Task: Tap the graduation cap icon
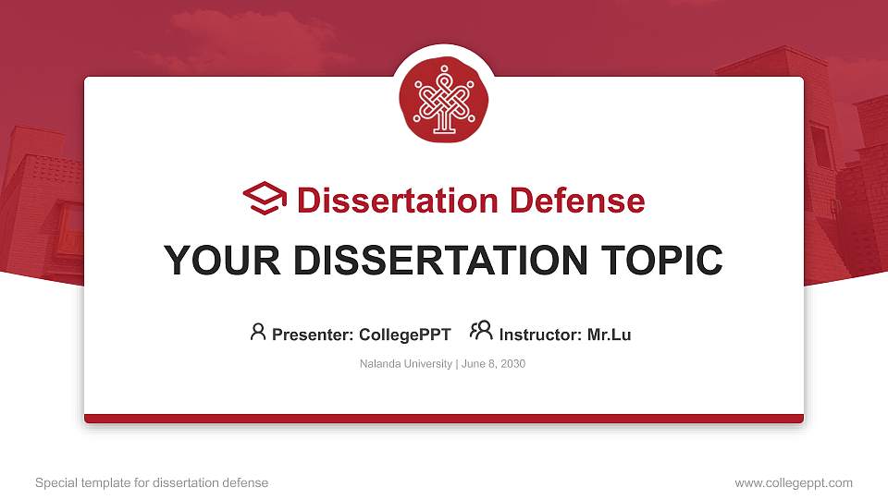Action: pyautogui.click(x=265, y=198)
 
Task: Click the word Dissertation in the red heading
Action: pyautogui.click(x=398, y=201)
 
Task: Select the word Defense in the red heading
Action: pyautogui.click(x=577, y=201)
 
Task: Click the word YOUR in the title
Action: pyautogui.click(x=222, y=261)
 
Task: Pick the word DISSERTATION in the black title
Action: pyautogui.click(x=440, y=261)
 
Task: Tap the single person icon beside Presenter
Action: pyautogui.click(x=258, y=332)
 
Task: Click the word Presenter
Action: pyautogui.click(x=313, y=335)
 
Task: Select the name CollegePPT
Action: pyautogui.click(x=405, y=335)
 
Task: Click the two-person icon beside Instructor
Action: pyautogui.click(x=481, y=331)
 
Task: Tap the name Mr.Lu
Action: pyautogui.click(x=609, y=335)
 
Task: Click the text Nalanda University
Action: pyautogui.click(x=406, y=364)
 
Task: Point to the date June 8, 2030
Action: pyautogui.click(x=493, y=364)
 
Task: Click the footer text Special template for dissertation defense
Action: pyautogui.click(x=152, y=482)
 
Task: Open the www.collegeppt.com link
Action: pyautogui.click(x=794, y=482)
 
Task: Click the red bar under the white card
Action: pyautogui.click(x=444, y=419)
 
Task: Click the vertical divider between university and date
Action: pyautogui.click(x=457, y=364)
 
